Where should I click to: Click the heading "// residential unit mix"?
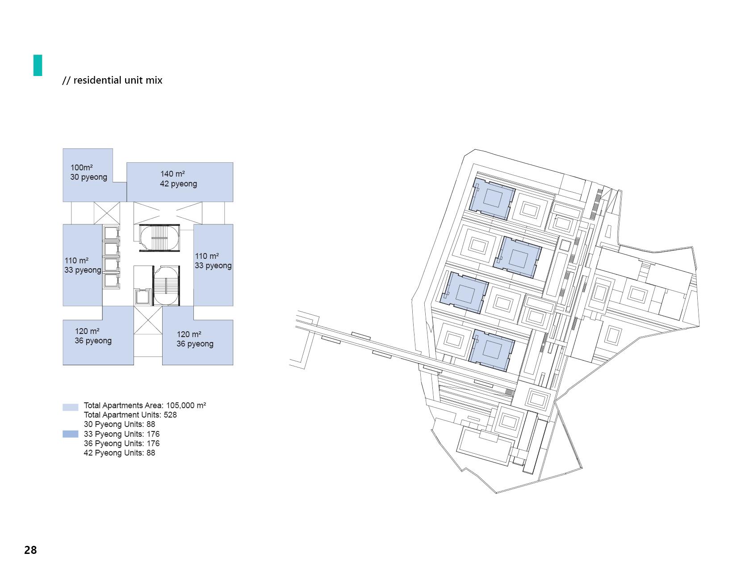112,80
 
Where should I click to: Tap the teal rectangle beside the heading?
38,65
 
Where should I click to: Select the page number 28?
30,550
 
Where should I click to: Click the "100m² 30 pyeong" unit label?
88,173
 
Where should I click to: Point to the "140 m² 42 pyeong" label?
178,179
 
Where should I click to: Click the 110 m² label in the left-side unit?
83,265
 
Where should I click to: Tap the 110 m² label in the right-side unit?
213,261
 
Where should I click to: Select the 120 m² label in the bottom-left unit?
93,336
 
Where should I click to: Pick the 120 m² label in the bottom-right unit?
195,339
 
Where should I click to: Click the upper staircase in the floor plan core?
159,238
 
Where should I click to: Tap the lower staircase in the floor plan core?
166,286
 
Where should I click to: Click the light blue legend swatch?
71,407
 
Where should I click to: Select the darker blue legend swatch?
71,434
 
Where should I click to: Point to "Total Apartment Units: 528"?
130,415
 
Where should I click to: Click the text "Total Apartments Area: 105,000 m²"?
145,405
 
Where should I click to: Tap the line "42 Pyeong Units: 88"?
119,453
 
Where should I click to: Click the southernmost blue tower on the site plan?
491,350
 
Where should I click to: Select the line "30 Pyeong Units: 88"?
119,424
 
